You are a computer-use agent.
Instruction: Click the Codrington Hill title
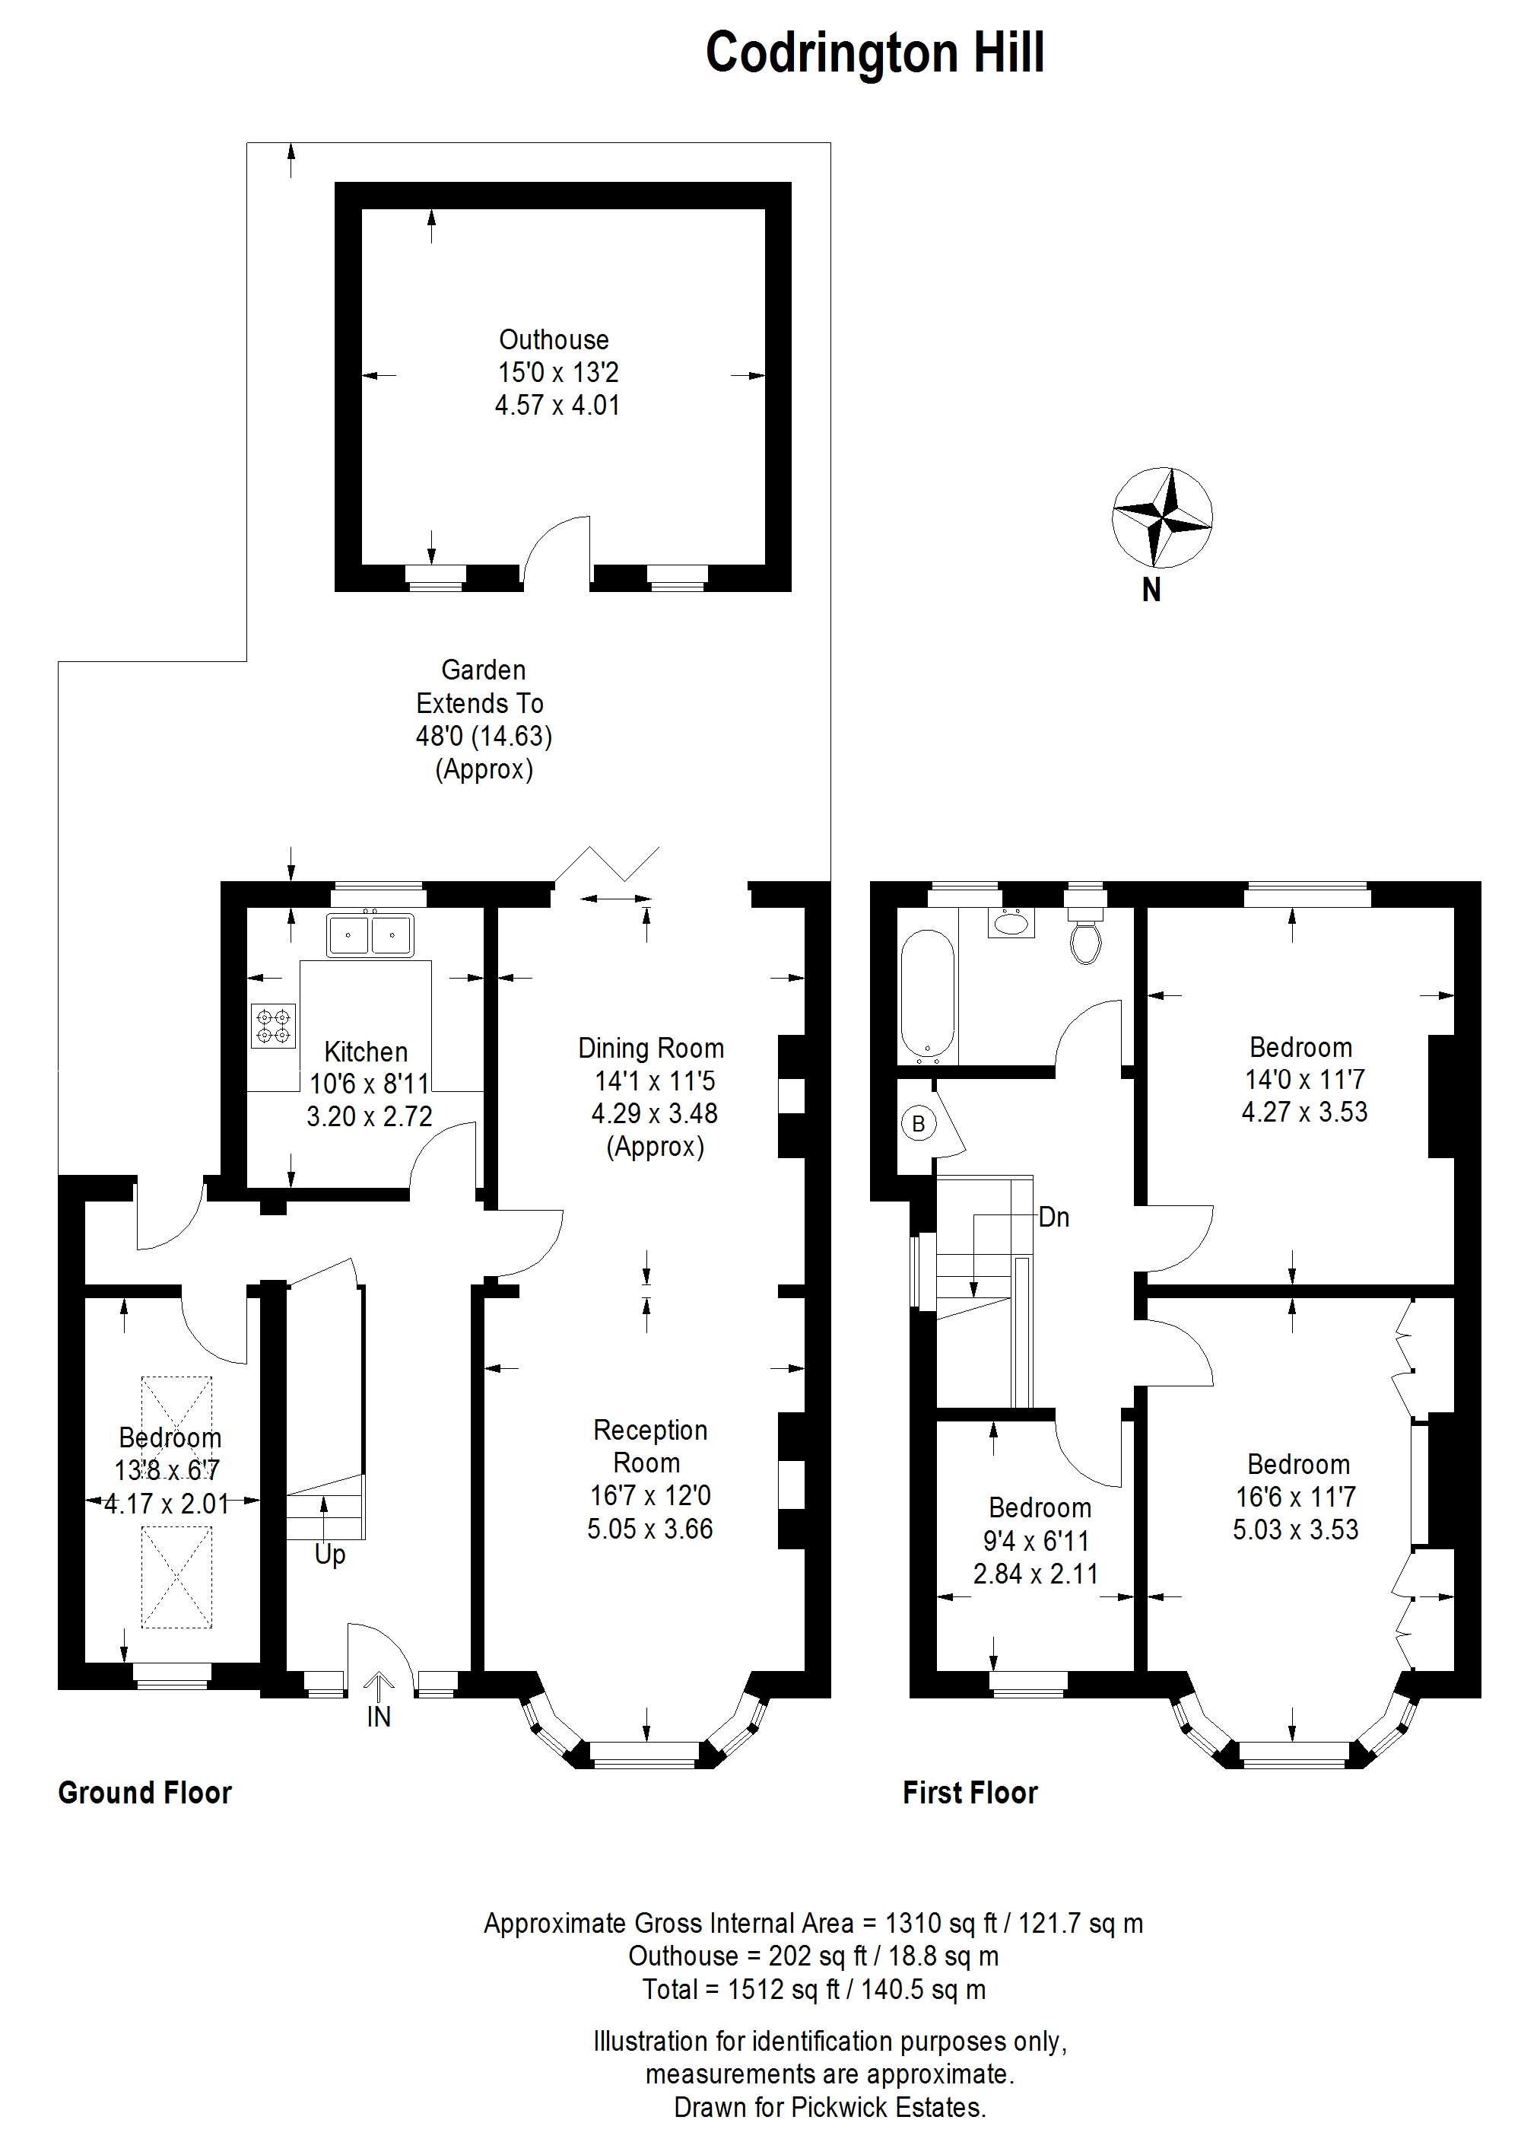874,54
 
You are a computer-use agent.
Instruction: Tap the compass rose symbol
1162,517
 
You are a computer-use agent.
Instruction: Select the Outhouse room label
554,339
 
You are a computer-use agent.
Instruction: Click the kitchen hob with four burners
274,1025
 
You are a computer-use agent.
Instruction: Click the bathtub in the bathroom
927,997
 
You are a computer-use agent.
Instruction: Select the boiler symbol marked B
919,1123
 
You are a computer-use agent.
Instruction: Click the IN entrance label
379,1717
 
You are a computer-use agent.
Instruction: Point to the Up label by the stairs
329,1555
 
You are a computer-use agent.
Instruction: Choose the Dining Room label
651,1048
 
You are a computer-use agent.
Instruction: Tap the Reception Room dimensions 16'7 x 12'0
651,1495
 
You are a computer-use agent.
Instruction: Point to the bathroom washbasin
1011,923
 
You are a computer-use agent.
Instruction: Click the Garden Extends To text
481,687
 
